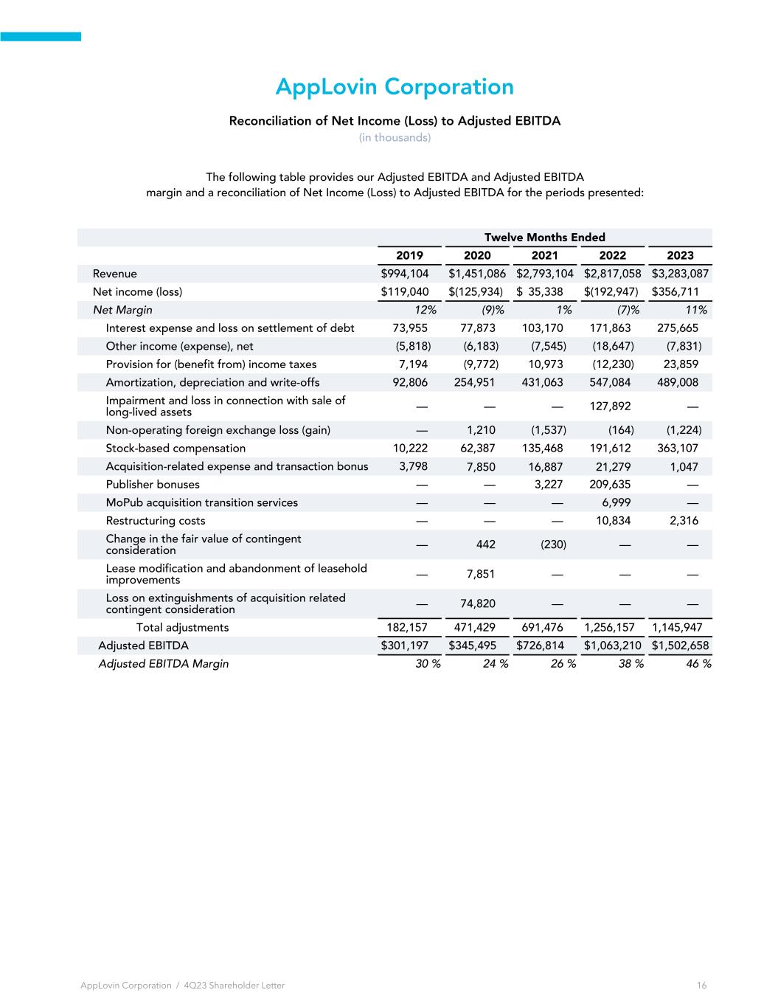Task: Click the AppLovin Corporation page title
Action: (x=395, y=87)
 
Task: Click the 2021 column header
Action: (x=545, y=255)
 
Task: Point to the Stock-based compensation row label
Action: (x=176, y=449)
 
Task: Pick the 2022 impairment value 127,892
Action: (x=611, y=406)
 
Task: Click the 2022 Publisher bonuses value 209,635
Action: (x=611, y=485)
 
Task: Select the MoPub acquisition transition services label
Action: (x=201, y=503)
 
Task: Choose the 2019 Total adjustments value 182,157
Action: (x=407, y=628)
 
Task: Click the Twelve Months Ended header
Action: (x=544, y=238)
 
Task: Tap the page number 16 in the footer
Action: (x=701, y=986)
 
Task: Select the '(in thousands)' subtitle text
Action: (x=395, y=138)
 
